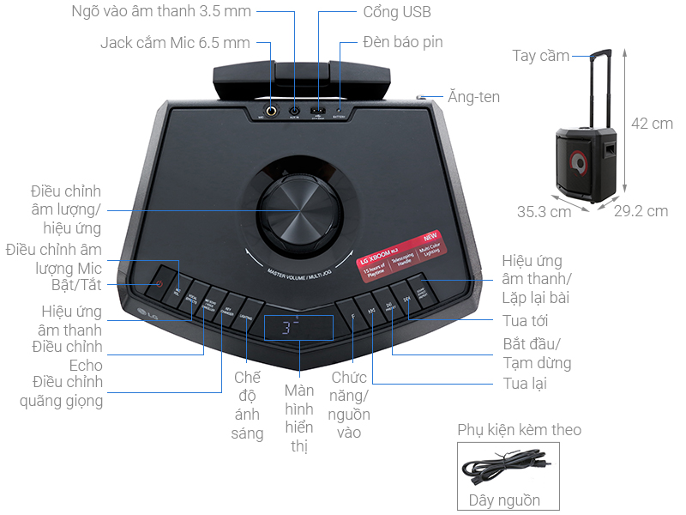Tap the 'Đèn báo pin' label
402,41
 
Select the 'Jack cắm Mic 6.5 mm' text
175,42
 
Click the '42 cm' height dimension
652,123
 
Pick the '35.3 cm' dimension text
544,211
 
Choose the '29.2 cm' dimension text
641,211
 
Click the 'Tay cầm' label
541,56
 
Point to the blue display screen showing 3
297,326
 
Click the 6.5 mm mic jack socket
272,111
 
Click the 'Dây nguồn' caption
504,500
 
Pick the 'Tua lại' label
526,384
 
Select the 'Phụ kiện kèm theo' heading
519,429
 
